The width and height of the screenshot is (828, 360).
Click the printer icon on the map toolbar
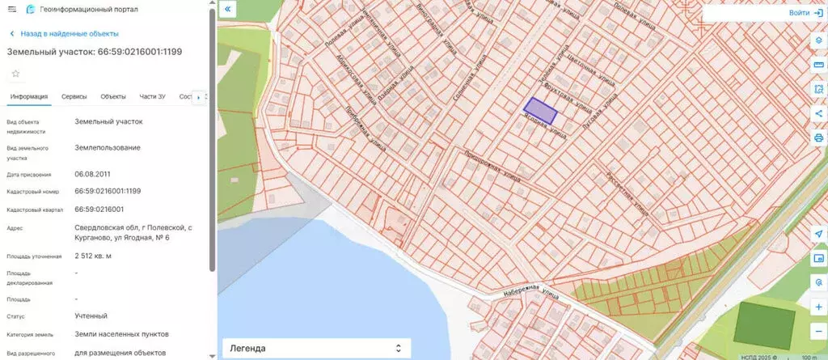(818, 138)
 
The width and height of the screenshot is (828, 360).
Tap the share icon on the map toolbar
(818, 113)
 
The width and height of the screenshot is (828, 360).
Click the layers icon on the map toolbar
(818, 40)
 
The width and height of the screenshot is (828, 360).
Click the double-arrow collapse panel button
(228, 10)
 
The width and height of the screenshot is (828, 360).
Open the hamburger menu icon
(11, 9)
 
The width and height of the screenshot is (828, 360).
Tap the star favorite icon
(15, 73)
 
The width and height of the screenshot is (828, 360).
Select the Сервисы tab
(74, 97)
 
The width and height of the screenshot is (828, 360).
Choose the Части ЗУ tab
(152, 97)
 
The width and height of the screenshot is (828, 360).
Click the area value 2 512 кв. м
(93, 256)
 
